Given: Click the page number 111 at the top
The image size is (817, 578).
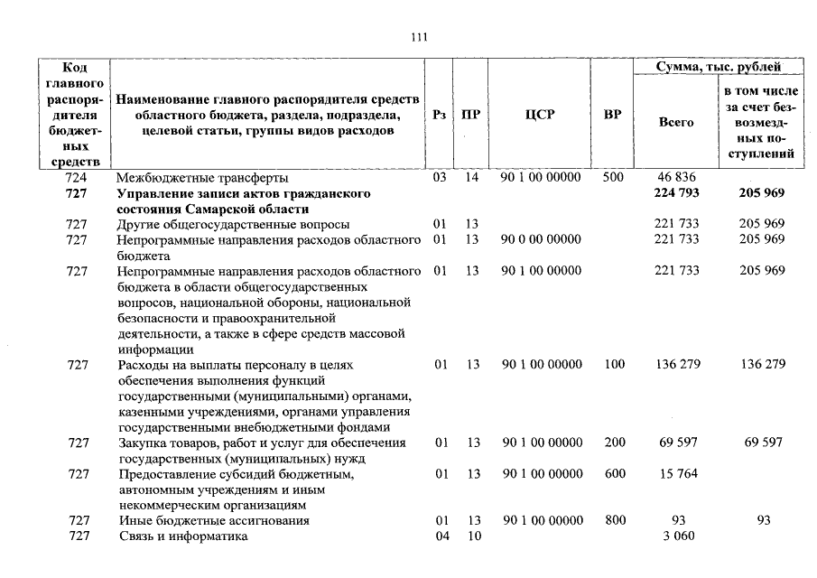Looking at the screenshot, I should pos(418,37).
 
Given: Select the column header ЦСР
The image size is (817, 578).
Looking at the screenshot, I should pos(539,115).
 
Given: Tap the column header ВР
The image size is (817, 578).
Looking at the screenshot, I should pos(612,115).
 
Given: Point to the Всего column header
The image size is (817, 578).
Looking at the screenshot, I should pos(675,121).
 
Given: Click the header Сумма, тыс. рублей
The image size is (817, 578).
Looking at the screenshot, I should pos(719,67).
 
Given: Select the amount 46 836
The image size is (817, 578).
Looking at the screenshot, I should pos(676,178).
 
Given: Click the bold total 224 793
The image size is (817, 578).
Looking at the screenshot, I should pos(675,193).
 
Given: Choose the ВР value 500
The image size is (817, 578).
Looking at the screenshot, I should pos(613,178).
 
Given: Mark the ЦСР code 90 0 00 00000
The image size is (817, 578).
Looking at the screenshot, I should pos(540,239).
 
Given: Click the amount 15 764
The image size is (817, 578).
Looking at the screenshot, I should pos(676,473).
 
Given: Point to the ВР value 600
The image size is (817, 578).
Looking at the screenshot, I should pos(614,473).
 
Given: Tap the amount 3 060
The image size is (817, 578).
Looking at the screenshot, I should pos(676,536).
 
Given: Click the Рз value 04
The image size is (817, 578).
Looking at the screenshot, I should pos(441,536).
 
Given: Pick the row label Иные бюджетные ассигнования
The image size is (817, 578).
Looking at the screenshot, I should pos(213,521).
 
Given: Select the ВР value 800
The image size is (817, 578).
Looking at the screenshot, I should pos(614,521).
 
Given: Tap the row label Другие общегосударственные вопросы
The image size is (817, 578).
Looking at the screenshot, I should pos(233,224).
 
